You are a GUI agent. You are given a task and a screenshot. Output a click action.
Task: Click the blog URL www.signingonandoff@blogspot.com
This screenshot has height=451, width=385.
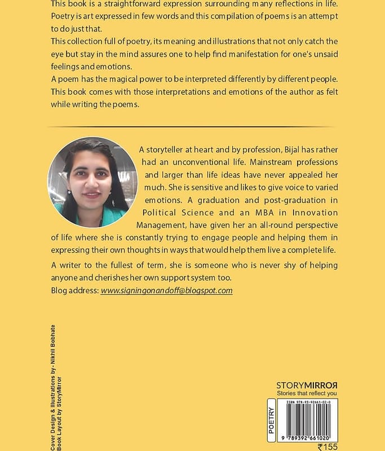pos(166,290)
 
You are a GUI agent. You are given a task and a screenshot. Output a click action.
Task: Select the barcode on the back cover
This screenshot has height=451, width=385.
pos(311,420)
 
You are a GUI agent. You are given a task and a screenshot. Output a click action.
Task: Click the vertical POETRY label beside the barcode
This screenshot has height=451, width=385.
pos(272,419)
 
